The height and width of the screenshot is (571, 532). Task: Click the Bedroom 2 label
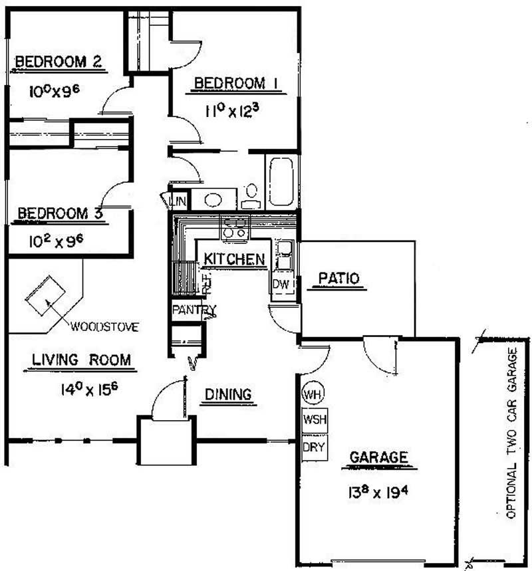tap(58, 62)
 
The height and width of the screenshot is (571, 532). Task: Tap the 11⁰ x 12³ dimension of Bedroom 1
tap(232, 110)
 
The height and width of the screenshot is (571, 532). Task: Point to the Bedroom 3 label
tap(60, 213)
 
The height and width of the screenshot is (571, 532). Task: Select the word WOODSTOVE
tap(104, 326)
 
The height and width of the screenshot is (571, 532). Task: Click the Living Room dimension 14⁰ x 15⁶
tap(89, 390)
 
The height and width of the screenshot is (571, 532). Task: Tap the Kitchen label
tap(234, 259)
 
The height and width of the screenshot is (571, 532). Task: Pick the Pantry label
tap(194, 310)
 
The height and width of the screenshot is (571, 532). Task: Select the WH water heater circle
tap(313, 394)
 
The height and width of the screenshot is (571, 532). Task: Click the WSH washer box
tap(315, 420)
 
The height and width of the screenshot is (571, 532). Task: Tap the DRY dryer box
tap(315, 447)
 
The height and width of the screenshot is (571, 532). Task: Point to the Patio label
tap(339, 279)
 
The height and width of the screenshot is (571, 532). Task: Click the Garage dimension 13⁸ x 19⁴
tap(378, 493)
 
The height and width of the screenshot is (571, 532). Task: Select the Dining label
tap(228, 394)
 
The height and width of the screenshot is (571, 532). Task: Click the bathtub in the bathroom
tap(281, 181)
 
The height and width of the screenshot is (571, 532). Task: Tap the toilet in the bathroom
tap(251, 196)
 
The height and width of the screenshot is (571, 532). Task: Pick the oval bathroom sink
tap(213, 200)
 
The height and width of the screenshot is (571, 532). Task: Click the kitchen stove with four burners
tap(235, 228)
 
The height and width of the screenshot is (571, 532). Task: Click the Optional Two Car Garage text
tap(512, 433)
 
